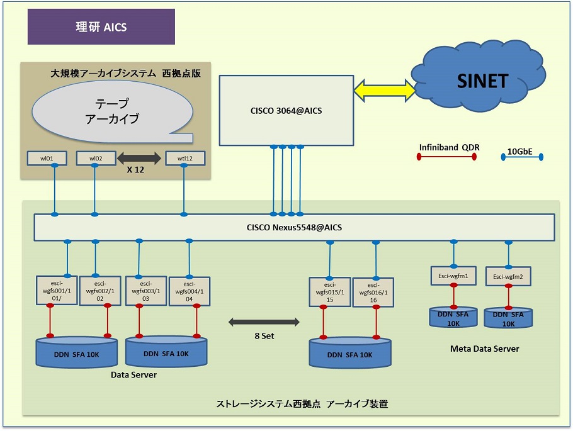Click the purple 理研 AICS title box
pyautogui.click(x=101, y=26)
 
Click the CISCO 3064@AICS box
pyautogui.click(x=286, y=110)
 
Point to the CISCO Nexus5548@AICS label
pyautogui.click(x=294, y=228)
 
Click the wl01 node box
pyautogui.click(x=47, y=158)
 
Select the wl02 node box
pyautogui.click(x=96, y=158)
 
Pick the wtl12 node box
pyautogui.click(x=185, y=158)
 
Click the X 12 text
pyautogui.click(x=135, y=169)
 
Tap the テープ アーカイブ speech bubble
pyautogui.click(x=112, y=111)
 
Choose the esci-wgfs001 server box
pyautogui.click(x=57, y=291)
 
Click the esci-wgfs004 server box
pyautogui.click(x=190, y=291)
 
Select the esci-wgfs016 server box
pyautogui.click(x=373, y=293)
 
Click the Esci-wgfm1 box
pyautogui.click(x=453, y=276)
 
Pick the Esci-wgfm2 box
pyautogui.click(x=508, y=276)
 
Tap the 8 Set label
pyautogui.click(x=264, y=336)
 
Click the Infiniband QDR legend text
pyautogui.click(x=449, y=147)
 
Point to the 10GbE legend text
pyautogui.click(x=519, y=151)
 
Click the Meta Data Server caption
pyautogui.click(x=485, y=349)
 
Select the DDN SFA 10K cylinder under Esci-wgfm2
pyautogui.click(x=508, y=318)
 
